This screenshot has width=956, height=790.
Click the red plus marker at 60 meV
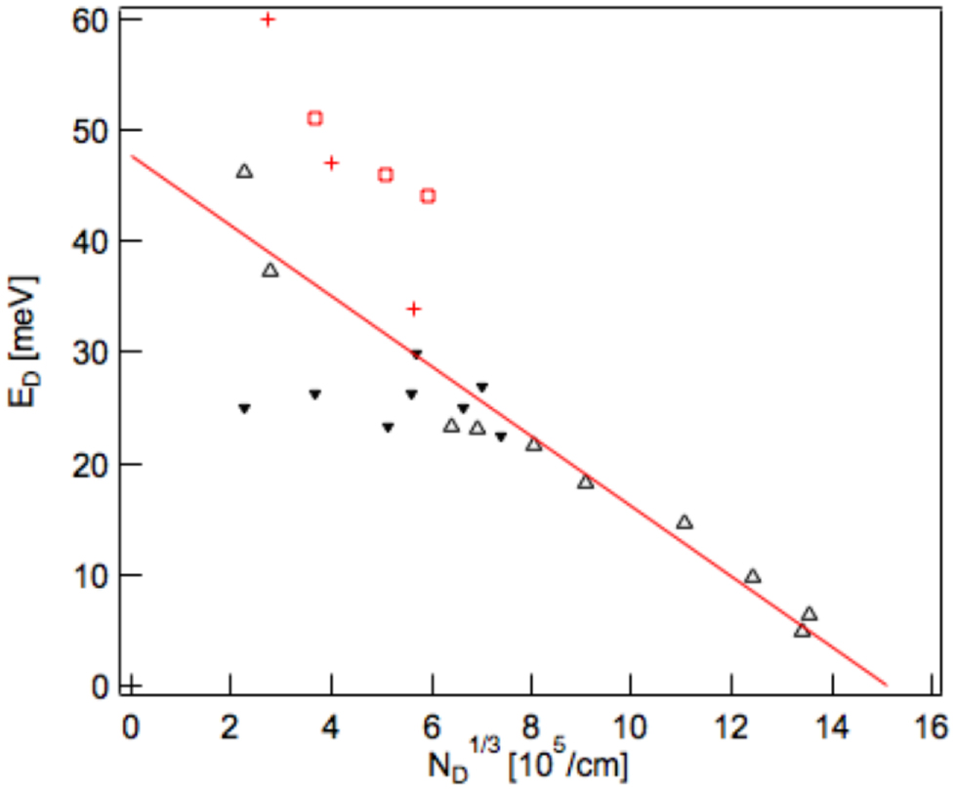point(268,19)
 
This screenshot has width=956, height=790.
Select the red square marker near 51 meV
point(314,118)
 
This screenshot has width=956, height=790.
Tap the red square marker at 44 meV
point(428,196)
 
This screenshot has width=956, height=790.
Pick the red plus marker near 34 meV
point(413,309)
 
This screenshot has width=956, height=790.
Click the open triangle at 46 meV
point(244,172)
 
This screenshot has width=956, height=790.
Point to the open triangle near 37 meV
point(270,270)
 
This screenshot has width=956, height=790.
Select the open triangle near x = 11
point(685,522)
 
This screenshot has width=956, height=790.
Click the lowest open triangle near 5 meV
point(802,631)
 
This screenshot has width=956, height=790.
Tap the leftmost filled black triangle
point(244,408)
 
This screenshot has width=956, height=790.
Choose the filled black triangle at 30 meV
point(416,354)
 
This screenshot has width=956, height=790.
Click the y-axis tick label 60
point(90,19)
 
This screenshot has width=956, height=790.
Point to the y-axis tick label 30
point(90,353)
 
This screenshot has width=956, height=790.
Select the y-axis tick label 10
point(90,575)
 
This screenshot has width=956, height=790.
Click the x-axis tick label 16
point(930,728)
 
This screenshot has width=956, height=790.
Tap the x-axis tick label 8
point(530,728)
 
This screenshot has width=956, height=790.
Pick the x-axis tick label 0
point(130,728)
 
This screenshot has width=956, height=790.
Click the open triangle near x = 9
point(585,482)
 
